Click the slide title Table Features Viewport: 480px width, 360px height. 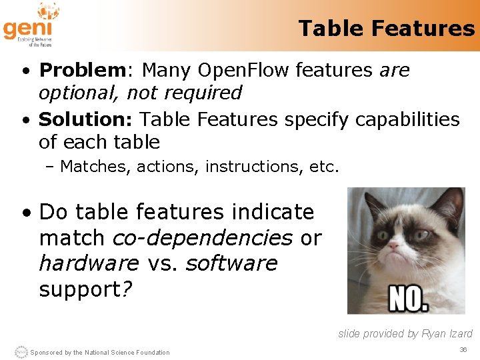coord(386,28)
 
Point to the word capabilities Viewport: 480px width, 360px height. coord(407,119)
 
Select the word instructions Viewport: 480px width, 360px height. coord(253,166)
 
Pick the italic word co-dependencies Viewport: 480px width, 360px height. coord(203,237)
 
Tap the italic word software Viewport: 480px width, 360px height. coord(231,263)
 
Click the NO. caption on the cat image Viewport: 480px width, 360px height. coord(409,299)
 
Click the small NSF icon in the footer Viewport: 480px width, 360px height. coord(21,352)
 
